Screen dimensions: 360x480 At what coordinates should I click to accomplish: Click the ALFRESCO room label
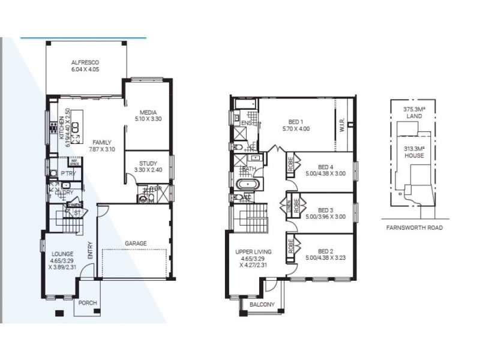pyautogui.click(x=85, y=62)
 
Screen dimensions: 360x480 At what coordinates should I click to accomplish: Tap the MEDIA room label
pyautogui.click(x=148, y=112)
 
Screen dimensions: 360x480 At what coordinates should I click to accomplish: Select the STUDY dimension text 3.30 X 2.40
pyautogui.click(x=148, y=170)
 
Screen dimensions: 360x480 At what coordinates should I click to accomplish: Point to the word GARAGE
pyautogui.click(x=136, y=244)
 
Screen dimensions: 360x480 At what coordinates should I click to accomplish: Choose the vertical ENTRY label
pyautogui.click(x=91, y=250)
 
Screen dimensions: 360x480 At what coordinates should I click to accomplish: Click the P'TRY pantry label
pyautogui.click(x=67, y=174)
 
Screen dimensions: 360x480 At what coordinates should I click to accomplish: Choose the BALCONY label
pyautogui.click(x=262, y=304)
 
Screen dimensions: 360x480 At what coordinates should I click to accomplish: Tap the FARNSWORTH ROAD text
pyautogui.click(x=414, y=228)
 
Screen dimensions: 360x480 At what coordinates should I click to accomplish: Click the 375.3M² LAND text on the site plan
pyautogui.click(x=415, y=113)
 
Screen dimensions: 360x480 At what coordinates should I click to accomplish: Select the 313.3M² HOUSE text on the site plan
pyautogui.click(x=415, y=151)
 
